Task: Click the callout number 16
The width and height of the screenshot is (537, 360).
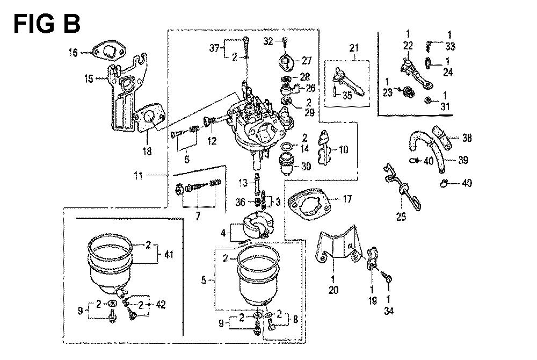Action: tap(73, 52)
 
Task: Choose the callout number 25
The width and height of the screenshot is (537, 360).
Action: tap(401, 217)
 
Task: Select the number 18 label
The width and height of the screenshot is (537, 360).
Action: tap(147, 152)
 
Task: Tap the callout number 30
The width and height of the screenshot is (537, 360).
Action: tap(306, 167)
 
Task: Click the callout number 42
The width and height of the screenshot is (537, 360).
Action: tap(161, 305)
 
